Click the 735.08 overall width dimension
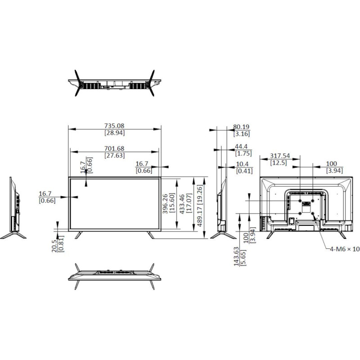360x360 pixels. click(x=115, y=126)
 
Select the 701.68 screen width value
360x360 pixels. click(x=115, y=148)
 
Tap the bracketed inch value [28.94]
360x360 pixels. click(x=115, y=133)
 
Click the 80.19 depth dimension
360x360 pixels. click(x=242, y=127)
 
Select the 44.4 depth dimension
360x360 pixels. click(x=242, y=146)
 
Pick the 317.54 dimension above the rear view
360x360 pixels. click(x=279, y=156)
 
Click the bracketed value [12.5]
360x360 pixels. click(x=279, y=162)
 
